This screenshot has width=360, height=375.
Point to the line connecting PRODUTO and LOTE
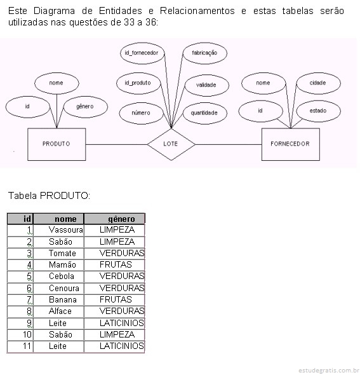coord(117,144)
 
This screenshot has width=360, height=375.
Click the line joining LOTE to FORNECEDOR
coord(229,144)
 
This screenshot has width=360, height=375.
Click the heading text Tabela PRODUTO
coord(50,196)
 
